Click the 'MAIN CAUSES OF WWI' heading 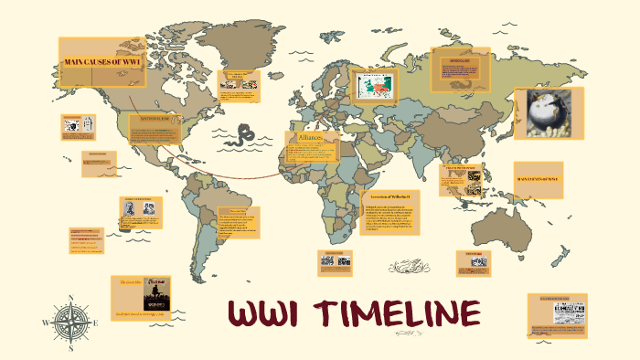coord(102,62)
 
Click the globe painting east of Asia coord(549,114)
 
